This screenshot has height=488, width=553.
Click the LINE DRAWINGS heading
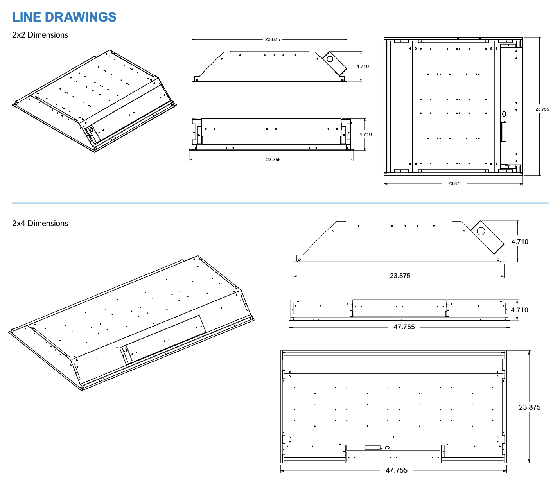pos(64,17)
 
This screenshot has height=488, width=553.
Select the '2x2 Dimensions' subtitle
pos(40,35)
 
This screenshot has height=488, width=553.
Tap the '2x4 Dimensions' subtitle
pos(40,223)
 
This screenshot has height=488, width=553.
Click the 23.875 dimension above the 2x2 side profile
pos(273,39)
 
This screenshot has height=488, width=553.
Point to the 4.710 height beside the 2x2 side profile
pos(363,66)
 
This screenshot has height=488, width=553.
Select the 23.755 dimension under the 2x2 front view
pos(273,160)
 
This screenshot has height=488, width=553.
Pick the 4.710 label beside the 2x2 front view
pos(365,135)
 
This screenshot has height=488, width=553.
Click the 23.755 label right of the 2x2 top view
pos(542,109)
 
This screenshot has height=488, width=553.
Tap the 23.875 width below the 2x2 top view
pos(455,183)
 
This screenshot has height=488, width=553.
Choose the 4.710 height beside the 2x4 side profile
pos(520,242)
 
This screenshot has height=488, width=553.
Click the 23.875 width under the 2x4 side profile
pos(400,276)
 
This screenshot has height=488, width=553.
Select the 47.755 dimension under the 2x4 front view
pos(404,327)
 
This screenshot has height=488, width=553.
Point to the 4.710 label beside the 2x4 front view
pos(519,310)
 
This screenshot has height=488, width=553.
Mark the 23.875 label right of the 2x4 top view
pos(530,407)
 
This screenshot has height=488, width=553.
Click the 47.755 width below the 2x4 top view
pos(397,470)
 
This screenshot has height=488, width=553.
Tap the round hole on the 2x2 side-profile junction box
pos(330,59)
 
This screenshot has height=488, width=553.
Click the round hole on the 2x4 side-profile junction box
pos(481,231)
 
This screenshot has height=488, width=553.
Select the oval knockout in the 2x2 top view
pos(504,114)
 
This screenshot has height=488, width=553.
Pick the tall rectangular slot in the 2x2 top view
pos(504,131)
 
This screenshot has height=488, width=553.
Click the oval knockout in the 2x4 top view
pos(387,447)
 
